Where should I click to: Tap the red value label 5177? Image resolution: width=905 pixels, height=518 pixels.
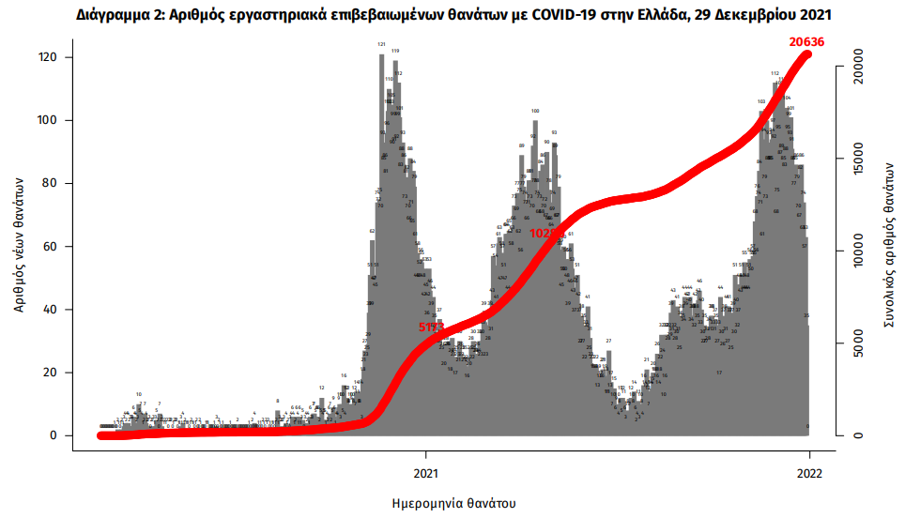coord(433,328)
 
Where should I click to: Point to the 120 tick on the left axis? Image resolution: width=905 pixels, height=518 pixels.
coord(46,58)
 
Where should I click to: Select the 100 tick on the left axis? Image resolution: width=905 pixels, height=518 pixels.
coord(46,121)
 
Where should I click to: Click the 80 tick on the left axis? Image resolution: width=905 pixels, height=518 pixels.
coord(49,184)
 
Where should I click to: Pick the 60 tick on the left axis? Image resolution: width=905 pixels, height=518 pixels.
coord(49,247)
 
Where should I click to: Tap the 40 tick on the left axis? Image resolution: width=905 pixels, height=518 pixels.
coord(49,310)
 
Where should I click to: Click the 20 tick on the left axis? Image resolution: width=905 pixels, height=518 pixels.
coord(49,373)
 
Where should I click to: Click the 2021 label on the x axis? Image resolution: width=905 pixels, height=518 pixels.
coord(427,474)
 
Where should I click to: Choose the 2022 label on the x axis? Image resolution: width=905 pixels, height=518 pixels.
coord(809,474)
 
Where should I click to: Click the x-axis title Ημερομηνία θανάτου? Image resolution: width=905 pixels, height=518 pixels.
coord(453,503)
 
